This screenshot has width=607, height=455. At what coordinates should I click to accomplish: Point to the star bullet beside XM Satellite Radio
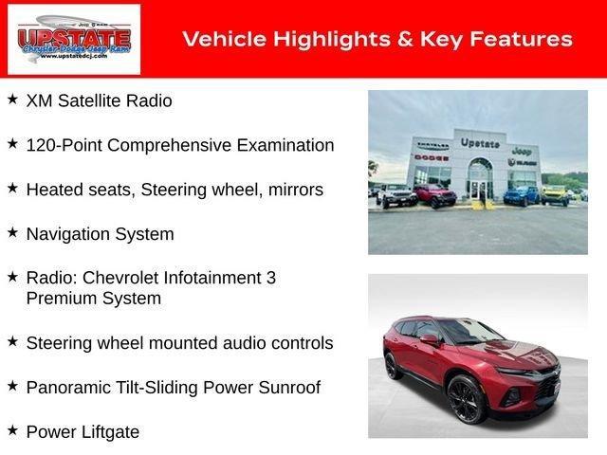click(12, 99)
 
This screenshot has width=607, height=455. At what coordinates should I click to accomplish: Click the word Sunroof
click(289, 387)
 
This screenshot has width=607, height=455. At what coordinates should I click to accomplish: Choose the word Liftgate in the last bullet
click(108, 431)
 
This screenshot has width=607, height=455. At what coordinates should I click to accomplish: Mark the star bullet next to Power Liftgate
click(12, 430)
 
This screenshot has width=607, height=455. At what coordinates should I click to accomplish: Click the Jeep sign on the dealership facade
click(521, 150)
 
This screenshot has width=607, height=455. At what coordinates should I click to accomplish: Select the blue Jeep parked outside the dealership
click(519, 195)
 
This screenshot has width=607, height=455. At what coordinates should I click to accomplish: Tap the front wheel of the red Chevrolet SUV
click(467, 399)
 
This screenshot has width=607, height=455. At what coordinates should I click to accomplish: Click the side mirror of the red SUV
click(429, 338)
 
